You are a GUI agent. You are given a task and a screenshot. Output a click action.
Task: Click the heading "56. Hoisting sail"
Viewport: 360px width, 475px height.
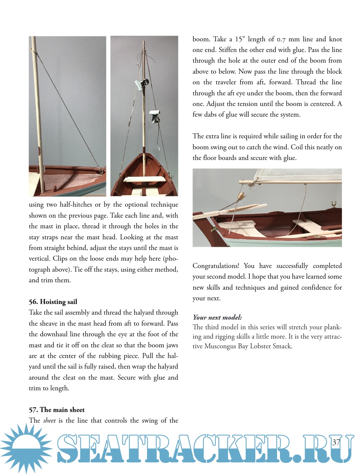click(53, 302)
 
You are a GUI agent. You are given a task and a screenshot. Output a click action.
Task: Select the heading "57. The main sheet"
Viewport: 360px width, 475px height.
click(57, 410)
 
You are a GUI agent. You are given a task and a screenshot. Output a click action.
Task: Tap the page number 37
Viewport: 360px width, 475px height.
click(336, 442)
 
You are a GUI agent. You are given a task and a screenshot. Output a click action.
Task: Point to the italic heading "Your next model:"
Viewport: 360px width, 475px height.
click(217, 317)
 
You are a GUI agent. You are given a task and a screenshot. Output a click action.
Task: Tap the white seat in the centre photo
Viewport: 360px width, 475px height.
click(144, 179)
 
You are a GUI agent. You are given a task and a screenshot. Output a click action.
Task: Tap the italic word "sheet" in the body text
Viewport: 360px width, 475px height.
click(49, 421)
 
